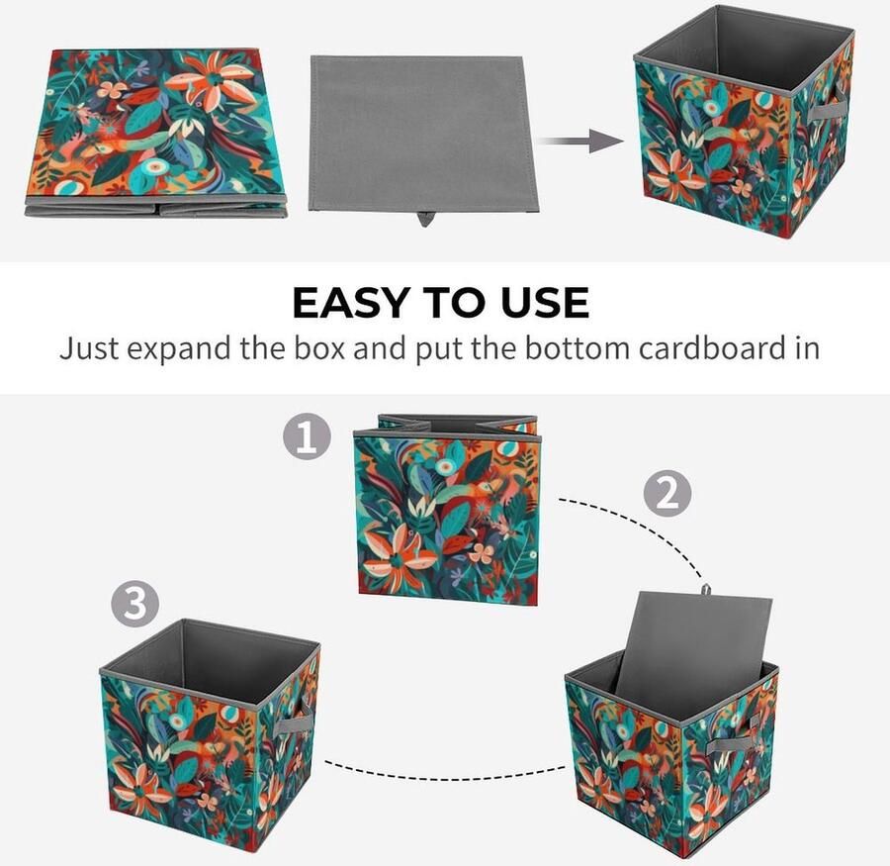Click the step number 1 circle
(x=307, y=436)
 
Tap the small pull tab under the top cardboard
(x=425, y=217)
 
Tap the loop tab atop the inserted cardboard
(x=706, y=590)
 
